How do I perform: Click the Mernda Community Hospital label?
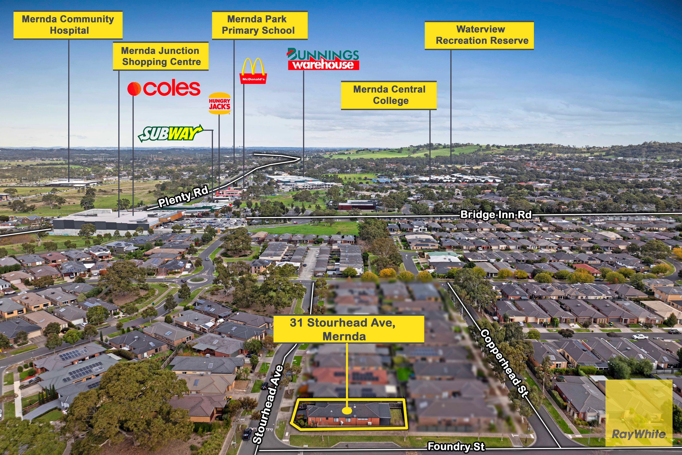click(x=68, y=25)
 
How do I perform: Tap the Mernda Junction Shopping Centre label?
click(x=161, y=56)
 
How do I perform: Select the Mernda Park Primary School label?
click(x=260, y=25)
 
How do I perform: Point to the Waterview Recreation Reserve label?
click(x=479, y=35)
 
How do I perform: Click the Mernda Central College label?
click(x=389, y=95)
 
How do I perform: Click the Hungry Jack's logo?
click(x=219, y=103)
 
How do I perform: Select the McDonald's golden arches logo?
click(x=253, y=71)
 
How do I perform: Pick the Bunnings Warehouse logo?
click(x=323, y=59)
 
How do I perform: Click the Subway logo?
click(x=170, y=134)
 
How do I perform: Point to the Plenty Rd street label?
click(x=183, y=197)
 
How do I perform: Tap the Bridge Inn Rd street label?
click(x=496, y=215)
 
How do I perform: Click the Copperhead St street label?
click(x=504, y=363)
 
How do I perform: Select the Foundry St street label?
click(x=456, y=447)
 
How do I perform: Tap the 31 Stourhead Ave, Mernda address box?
click(x=349, y=329)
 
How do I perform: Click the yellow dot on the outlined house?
click(x=347, y=411)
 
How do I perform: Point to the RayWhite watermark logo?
click(x=639, y=413)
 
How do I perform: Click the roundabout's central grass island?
click(x=197, y=279)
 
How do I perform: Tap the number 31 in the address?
click(x=296, y=322)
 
